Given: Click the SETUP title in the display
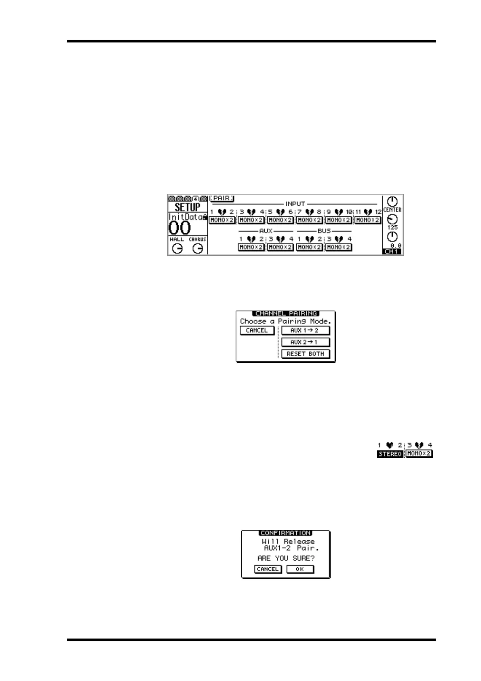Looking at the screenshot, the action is (187, 207).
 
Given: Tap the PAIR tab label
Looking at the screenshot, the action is (222, 199).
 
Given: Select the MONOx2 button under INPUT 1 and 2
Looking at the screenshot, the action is (222, 220).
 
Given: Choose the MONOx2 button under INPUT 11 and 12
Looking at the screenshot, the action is (367, 220).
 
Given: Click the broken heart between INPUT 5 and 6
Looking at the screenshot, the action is (281, 212).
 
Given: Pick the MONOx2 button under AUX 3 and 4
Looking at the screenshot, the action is (280, 247).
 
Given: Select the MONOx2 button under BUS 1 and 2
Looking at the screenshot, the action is (309, 247).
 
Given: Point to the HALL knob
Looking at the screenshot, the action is (177, 249).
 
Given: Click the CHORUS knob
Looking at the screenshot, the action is (198, 249).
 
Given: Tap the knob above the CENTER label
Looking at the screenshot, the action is (392, 201).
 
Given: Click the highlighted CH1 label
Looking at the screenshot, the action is (392, 252).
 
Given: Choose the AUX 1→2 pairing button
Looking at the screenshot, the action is (305, 330).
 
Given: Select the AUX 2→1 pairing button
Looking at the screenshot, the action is (305, 342).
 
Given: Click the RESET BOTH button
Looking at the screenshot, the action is (305, 354).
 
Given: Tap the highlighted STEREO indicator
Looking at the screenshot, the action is (390, 454).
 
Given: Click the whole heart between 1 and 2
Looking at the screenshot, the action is (390, 445).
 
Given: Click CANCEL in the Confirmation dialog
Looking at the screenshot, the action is (268, 569).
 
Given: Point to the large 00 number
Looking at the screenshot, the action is (179, 228).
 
